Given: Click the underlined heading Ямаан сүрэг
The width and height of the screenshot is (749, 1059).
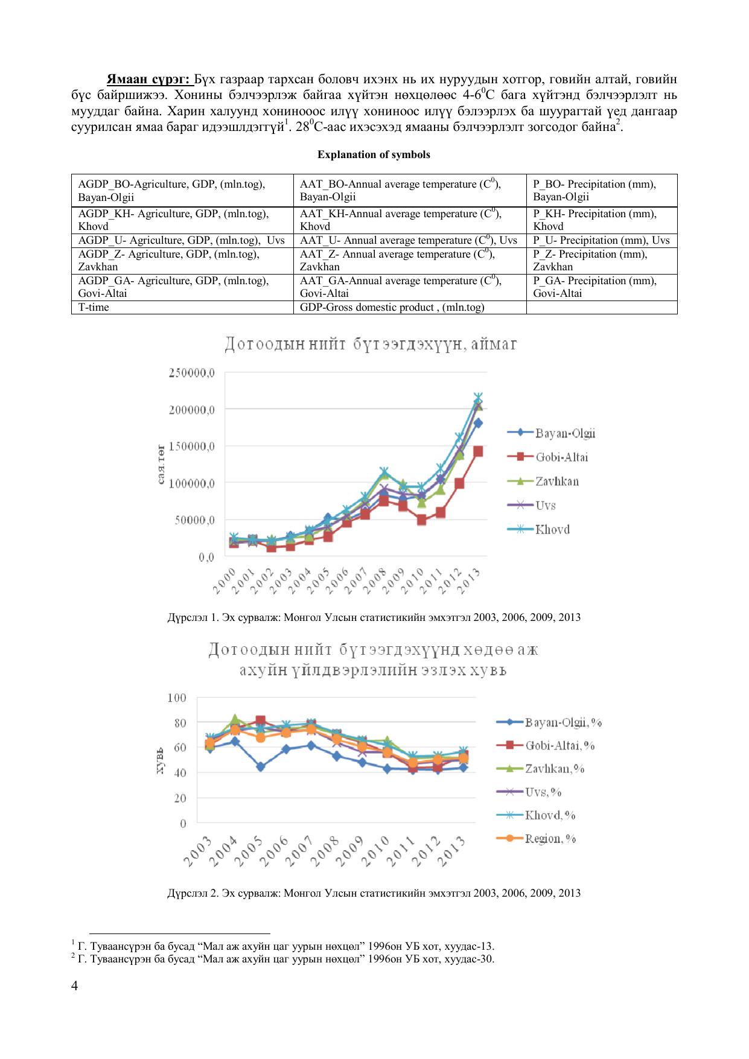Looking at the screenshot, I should pos(148,80).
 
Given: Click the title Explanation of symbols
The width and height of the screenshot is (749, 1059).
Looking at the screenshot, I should pos(374,154).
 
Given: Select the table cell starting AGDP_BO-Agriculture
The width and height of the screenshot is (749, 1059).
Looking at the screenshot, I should pos(182,191).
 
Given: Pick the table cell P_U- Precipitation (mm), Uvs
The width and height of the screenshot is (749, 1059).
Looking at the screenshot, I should pos(601,240).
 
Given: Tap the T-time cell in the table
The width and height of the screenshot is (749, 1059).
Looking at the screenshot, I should pos(94,307).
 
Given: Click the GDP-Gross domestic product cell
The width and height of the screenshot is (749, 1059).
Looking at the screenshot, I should pos(392,307).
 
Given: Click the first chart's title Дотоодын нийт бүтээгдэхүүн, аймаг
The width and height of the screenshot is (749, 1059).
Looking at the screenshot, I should pos(371,345).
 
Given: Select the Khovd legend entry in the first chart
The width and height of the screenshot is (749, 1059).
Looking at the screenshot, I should pos(552,529).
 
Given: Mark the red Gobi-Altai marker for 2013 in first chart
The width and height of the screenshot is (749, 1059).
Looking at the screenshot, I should pos(478,451).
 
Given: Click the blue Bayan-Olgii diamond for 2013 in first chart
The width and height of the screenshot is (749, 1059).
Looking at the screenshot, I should pos(478,423).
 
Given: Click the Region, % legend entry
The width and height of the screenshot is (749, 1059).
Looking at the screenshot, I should pos(550,839).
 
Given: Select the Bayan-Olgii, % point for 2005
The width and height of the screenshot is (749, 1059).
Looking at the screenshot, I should pos(260,767).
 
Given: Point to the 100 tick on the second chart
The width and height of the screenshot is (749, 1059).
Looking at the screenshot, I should pos(177,698).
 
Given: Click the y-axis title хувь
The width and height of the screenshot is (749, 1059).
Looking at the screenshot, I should pos(160,762).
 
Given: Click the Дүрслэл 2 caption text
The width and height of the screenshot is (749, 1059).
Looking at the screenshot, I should pos(374,892).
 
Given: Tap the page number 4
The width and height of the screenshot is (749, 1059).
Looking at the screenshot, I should pos(75,985).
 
